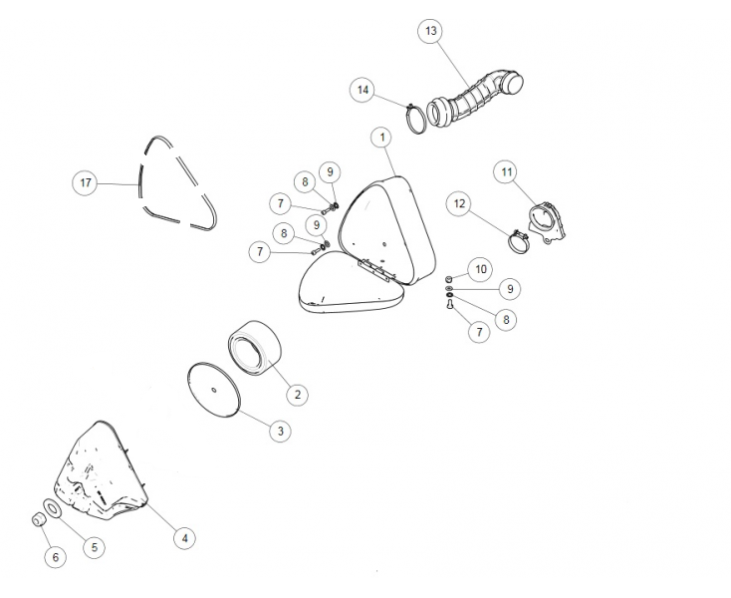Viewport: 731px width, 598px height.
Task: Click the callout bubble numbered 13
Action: tap(430, 31)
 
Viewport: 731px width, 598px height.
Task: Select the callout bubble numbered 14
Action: tap(363, 90)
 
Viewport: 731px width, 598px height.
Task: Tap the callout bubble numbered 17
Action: tap(86, 182)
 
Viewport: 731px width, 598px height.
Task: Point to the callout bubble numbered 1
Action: tap(382, 138)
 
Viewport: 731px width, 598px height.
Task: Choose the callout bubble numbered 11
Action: tap(507, 172)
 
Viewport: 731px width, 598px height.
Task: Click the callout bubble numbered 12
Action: tap(459, 204)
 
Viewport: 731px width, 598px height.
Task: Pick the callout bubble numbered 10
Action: tap(481, 269)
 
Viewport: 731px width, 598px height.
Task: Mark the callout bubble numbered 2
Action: tap(298, 395)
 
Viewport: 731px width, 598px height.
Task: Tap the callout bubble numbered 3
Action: tap(280, 431)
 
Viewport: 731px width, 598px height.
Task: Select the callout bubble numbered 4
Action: tap(184, 538)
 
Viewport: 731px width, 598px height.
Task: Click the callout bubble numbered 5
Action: tap(95, 547)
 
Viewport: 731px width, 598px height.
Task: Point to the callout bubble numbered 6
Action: tap(56, 557)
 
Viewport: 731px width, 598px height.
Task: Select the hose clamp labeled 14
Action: tap(416, 120)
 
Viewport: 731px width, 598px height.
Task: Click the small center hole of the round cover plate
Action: tap(213, 390)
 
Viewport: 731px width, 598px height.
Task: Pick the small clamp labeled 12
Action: tap(518, 241)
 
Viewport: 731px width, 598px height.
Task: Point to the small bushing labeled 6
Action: tap(38, 519)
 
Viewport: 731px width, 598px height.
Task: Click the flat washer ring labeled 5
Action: tap(51, 508)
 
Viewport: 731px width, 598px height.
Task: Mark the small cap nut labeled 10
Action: tap(449, 279)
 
